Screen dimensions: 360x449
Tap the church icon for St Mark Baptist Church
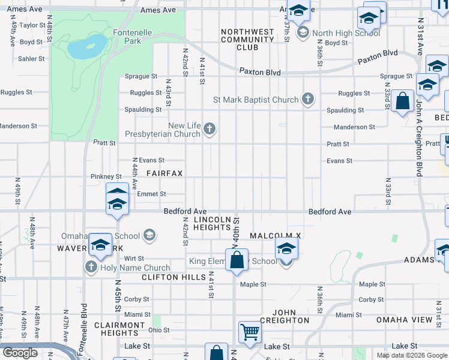(x=308, y=100)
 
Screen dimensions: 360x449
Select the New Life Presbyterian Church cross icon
(x=209, y=129)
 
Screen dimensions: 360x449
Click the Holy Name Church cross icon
(x=91, y=268)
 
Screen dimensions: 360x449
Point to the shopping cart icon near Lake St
(x=250, y=331)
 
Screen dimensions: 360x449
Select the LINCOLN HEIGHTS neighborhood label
(x=211, y=223)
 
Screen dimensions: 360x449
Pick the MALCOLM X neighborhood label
(x=275, y=236)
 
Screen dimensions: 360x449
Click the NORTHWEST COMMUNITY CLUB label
(x=247, y=40)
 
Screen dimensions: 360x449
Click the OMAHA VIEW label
(x=404, y=320)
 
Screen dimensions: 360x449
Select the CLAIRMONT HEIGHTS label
(x=119, y=329)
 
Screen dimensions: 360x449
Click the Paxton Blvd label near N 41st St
(x=260, y=73)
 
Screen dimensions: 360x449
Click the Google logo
(x=20, y=353)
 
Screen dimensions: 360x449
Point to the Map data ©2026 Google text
(x=412, y=355)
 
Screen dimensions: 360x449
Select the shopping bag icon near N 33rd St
(x=403, y=102)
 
